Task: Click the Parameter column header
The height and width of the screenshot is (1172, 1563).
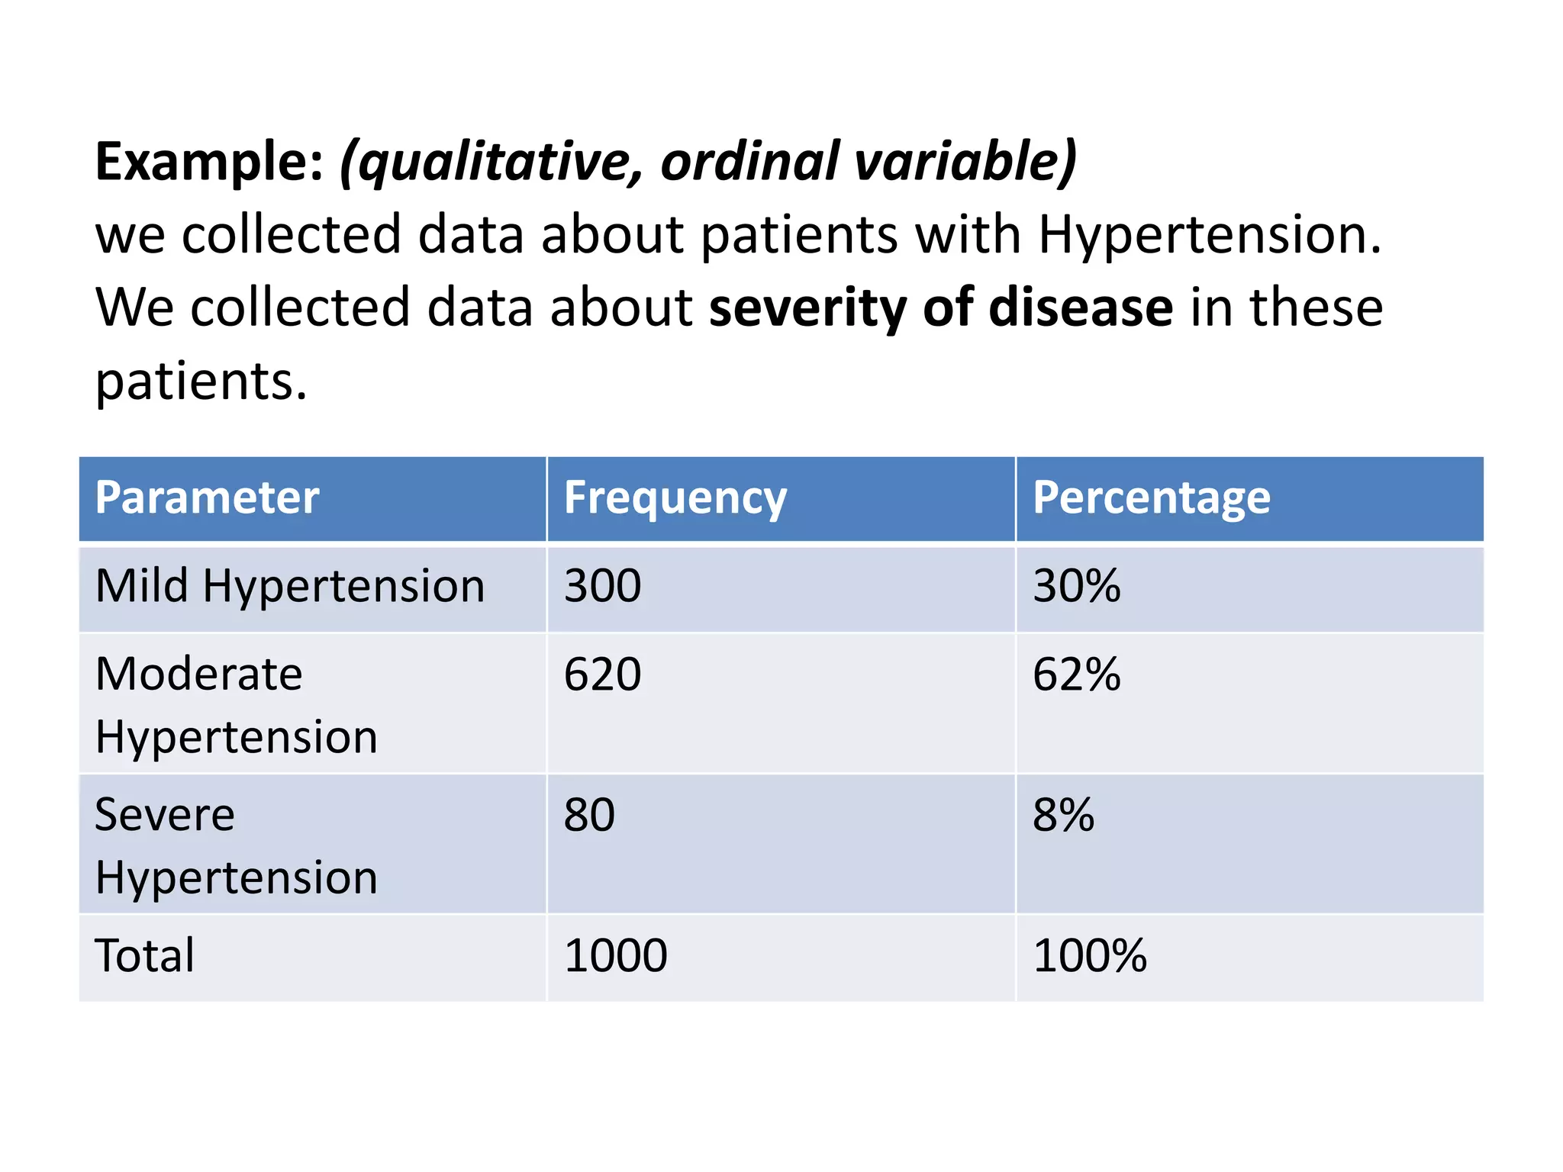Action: pos(207,498)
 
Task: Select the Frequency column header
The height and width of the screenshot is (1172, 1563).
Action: pos(675,498)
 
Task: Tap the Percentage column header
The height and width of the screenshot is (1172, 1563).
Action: pos(1151,498)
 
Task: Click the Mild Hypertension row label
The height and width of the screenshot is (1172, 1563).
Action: pos(290,586)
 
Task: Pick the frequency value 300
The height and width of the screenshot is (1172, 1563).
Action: pos(602,586)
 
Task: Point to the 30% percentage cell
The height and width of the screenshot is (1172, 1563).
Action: pos(1076,586)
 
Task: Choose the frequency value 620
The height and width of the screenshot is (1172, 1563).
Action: pos(602,675)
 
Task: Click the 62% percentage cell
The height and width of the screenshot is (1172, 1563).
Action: pos(1076,675)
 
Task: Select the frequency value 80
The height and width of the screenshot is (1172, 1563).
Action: pos(589,815)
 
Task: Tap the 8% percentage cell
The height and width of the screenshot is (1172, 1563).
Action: pos(1063,815)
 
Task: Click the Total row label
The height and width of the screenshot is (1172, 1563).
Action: pos(145,955)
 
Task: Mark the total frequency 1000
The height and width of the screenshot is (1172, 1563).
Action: pos(615,955)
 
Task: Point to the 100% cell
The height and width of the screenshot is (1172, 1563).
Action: pos(1089,955)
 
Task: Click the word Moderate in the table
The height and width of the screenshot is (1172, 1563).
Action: pos(199,675)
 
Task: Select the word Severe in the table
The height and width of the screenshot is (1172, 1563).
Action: pos(165,815)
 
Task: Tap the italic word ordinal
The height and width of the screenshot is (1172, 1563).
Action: pos(749,162)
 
